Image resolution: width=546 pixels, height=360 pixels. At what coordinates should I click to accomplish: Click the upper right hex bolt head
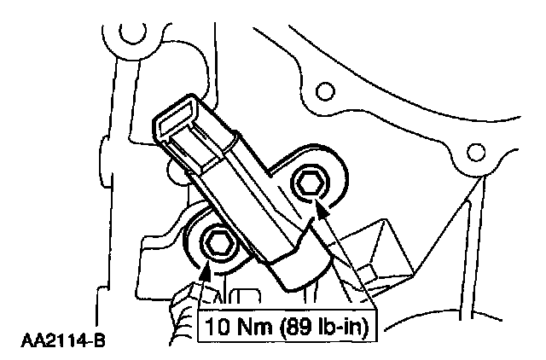(x=311, y=182)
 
